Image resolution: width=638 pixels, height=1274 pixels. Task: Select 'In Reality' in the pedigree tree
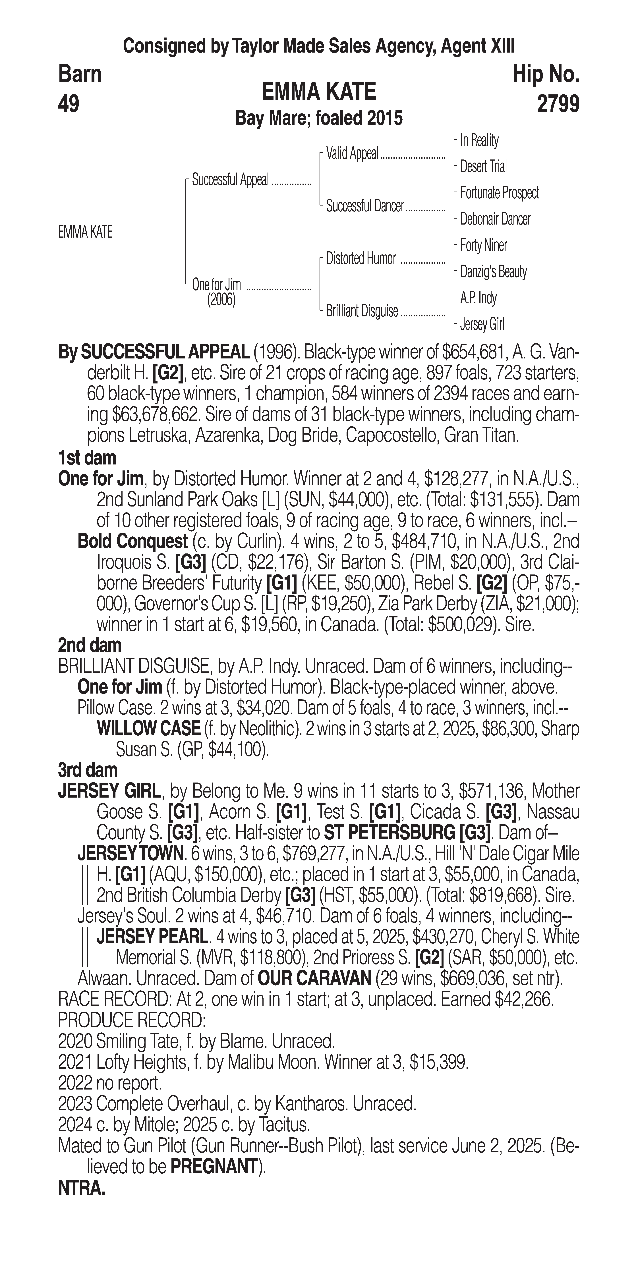[x=479, y=140]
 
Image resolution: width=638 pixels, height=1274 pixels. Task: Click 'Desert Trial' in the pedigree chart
[x=483, y=167]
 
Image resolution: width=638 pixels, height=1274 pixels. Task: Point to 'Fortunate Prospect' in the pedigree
[x=500, y=193]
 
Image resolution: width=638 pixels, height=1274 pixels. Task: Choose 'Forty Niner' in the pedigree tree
[x=483, y=245]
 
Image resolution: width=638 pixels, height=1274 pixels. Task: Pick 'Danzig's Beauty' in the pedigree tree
[x=493, y=271]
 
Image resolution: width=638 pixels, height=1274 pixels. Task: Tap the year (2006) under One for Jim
[x=221, y=300]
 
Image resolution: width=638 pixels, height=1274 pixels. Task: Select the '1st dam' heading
[x=87, y=458]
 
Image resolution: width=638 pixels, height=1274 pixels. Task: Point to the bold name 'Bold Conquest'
[x=132, y=541]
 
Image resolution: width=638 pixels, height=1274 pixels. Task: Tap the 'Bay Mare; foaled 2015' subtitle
[x=319, y=118]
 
